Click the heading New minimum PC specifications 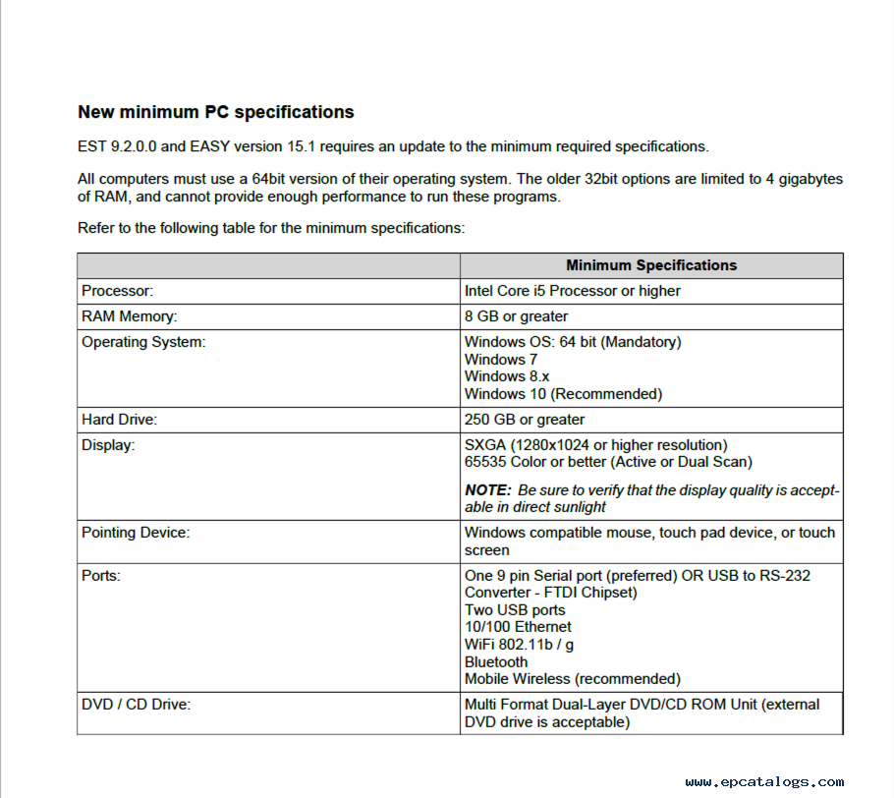[x=215, y=112]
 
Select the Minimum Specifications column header [x=650, y=265]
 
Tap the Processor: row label [x=118, y=291]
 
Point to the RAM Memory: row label [x=129, y=316]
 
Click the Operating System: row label [x=143, y=342]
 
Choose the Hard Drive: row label [x=119, y=420]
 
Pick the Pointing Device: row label [x=136, y=533]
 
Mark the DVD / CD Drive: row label [x=136, y=705]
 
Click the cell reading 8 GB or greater [x=516, y=316]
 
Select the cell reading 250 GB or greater [x=525, y=420]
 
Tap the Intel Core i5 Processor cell [x=572, y=291]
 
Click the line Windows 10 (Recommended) [x=563, y=394]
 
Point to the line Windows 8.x [x=507, y=376]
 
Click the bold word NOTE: [x=488, y=489]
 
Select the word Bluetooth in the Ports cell [x=496, y=662]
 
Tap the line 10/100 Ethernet [x=518, y=627]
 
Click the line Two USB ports [x=515, y=610]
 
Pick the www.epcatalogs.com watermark [x=764, y=782]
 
